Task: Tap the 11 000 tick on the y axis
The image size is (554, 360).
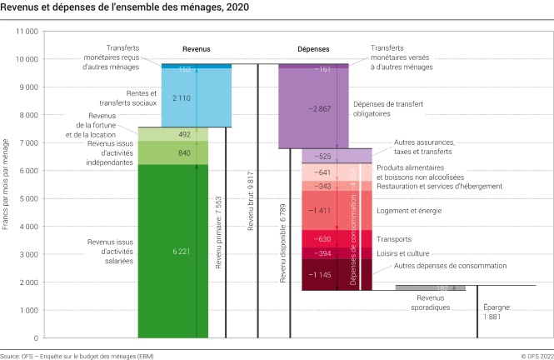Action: click(27, 32)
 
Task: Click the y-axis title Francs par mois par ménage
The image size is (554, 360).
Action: click(6, 185)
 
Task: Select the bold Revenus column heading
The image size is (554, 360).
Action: click(197, 49)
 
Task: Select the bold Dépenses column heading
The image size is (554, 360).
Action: click(313, 49)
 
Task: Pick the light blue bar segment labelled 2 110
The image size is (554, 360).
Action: click(185, 97)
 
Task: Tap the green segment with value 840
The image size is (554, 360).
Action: click(185, 152)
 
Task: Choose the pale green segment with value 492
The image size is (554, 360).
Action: click(185, 134)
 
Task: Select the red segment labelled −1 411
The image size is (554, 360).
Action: click(325, 211)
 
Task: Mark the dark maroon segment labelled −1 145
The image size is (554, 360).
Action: click(325, 275)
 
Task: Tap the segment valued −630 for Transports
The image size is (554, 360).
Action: click(325, 238)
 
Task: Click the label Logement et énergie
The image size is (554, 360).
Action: click(408, 211)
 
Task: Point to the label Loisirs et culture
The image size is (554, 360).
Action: click(405, 252)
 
